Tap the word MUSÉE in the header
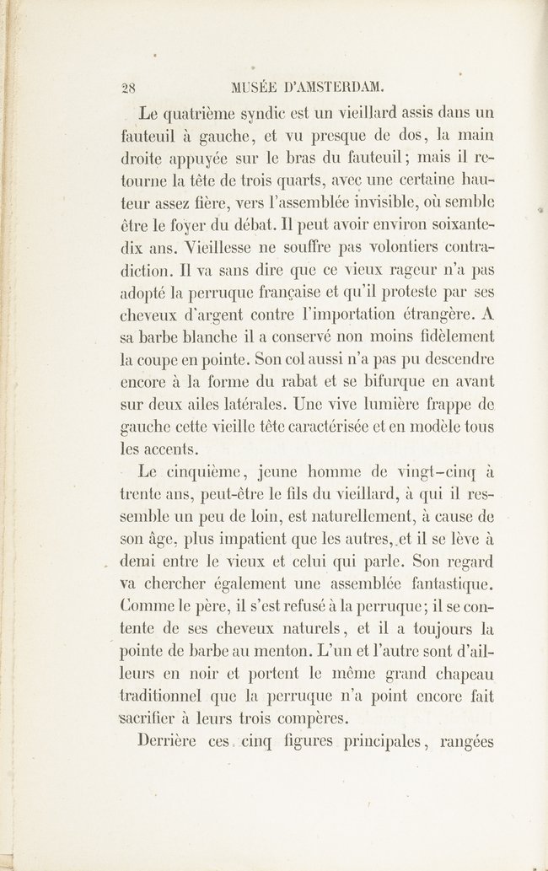[251, 85]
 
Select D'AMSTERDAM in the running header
[335, 85]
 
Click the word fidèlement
[452, 336]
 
